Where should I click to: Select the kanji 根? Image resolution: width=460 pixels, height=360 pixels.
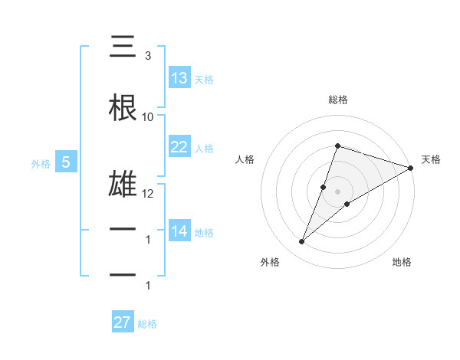[x=123, y=109]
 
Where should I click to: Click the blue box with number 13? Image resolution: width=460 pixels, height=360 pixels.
[x=179, y=78]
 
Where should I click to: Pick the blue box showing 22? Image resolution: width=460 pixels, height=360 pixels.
[x=179, y=147]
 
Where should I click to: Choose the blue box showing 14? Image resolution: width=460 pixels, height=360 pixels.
[x=179, y=231]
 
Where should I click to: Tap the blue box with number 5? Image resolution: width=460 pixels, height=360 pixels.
[x=66, y=162]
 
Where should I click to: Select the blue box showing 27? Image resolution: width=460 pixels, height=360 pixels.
[x=123, y=322]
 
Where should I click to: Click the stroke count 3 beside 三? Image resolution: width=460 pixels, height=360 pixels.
[x=147, y=56]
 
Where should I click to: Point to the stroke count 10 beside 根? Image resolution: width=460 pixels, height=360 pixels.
[x=147, y=117]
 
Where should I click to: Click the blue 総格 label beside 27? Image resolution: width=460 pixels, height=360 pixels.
[x=147, y=324]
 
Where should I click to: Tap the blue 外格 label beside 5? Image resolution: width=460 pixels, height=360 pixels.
[x=41, y=163]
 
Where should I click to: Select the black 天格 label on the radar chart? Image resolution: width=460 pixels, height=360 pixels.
[x=431, y=159]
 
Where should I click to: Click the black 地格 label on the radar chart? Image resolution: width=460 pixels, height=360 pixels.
[x=402, y=262]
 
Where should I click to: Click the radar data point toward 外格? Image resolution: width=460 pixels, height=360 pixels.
[x=301, y=242]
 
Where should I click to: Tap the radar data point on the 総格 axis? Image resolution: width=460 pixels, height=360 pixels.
[x=337, y=146]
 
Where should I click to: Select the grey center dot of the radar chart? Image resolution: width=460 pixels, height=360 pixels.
[x=337, y=191]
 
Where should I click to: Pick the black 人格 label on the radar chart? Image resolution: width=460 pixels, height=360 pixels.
[x=245, y=159]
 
